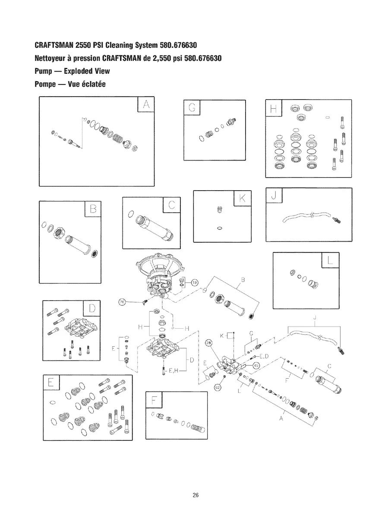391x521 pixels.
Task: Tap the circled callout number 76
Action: [x=122, y=302]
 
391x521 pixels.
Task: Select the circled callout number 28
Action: [x=209, y=343]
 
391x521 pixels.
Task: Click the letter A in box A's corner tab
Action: [x=146, y=105]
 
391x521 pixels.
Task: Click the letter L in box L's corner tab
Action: [x=331, y=261]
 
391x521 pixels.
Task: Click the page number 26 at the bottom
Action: [x=195, y=495]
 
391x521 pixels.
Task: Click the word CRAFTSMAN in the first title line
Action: [x=54, y=46]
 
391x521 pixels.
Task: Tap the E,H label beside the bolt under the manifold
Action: [x=173, y=370]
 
